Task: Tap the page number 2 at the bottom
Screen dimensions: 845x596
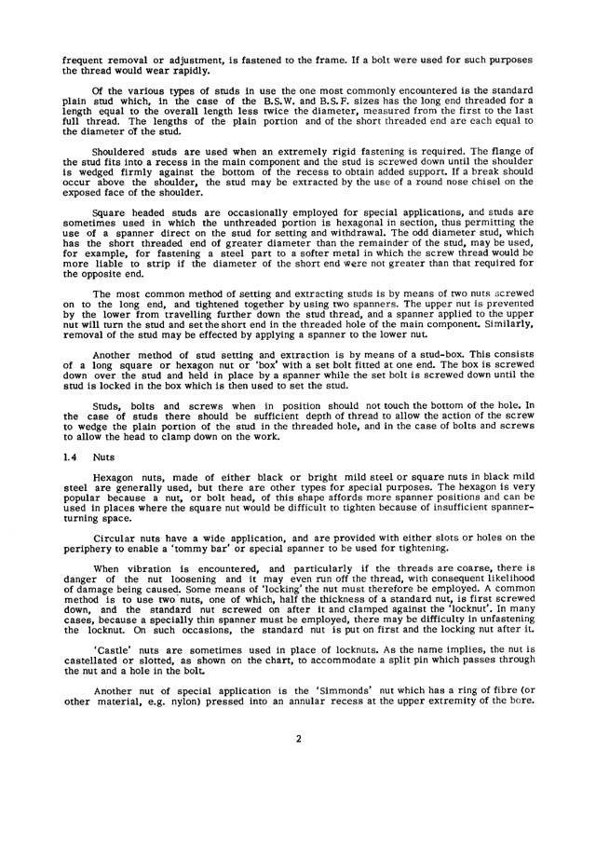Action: click(x=298, y=790)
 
